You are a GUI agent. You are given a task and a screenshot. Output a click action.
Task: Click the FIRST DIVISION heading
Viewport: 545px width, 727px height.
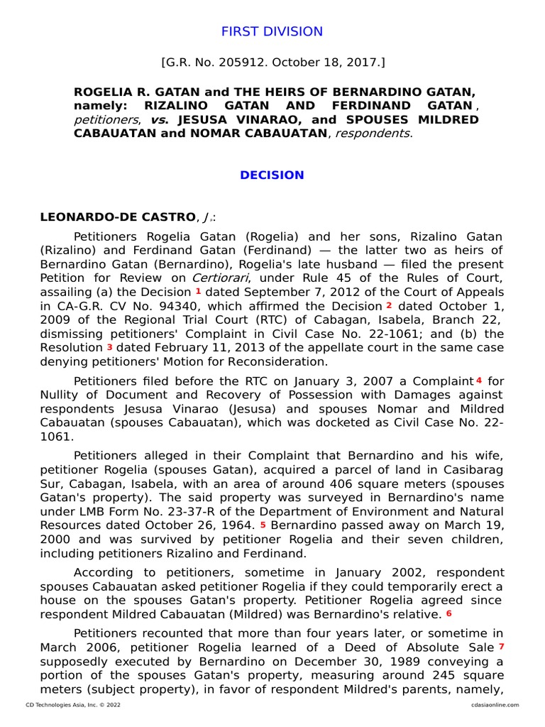[272, 32]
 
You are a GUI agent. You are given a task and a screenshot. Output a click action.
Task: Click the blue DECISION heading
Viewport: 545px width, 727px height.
[272, 175]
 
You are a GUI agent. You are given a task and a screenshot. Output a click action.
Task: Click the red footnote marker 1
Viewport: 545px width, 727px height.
[199, 291]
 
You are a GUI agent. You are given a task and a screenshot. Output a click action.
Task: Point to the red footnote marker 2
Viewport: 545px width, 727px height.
[389, 305]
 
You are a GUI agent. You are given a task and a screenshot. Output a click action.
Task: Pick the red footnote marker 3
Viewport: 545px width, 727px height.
[110, 347]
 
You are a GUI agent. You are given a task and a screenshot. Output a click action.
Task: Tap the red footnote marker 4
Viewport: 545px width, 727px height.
[479, 380]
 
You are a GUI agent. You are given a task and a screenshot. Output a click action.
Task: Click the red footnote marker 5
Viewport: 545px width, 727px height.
[263, 525]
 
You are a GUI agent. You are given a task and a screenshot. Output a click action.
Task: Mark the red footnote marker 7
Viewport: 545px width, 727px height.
[501, 647]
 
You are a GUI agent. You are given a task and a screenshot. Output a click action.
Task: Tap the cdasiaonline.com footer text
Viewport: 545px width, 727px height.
[495, 705]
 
